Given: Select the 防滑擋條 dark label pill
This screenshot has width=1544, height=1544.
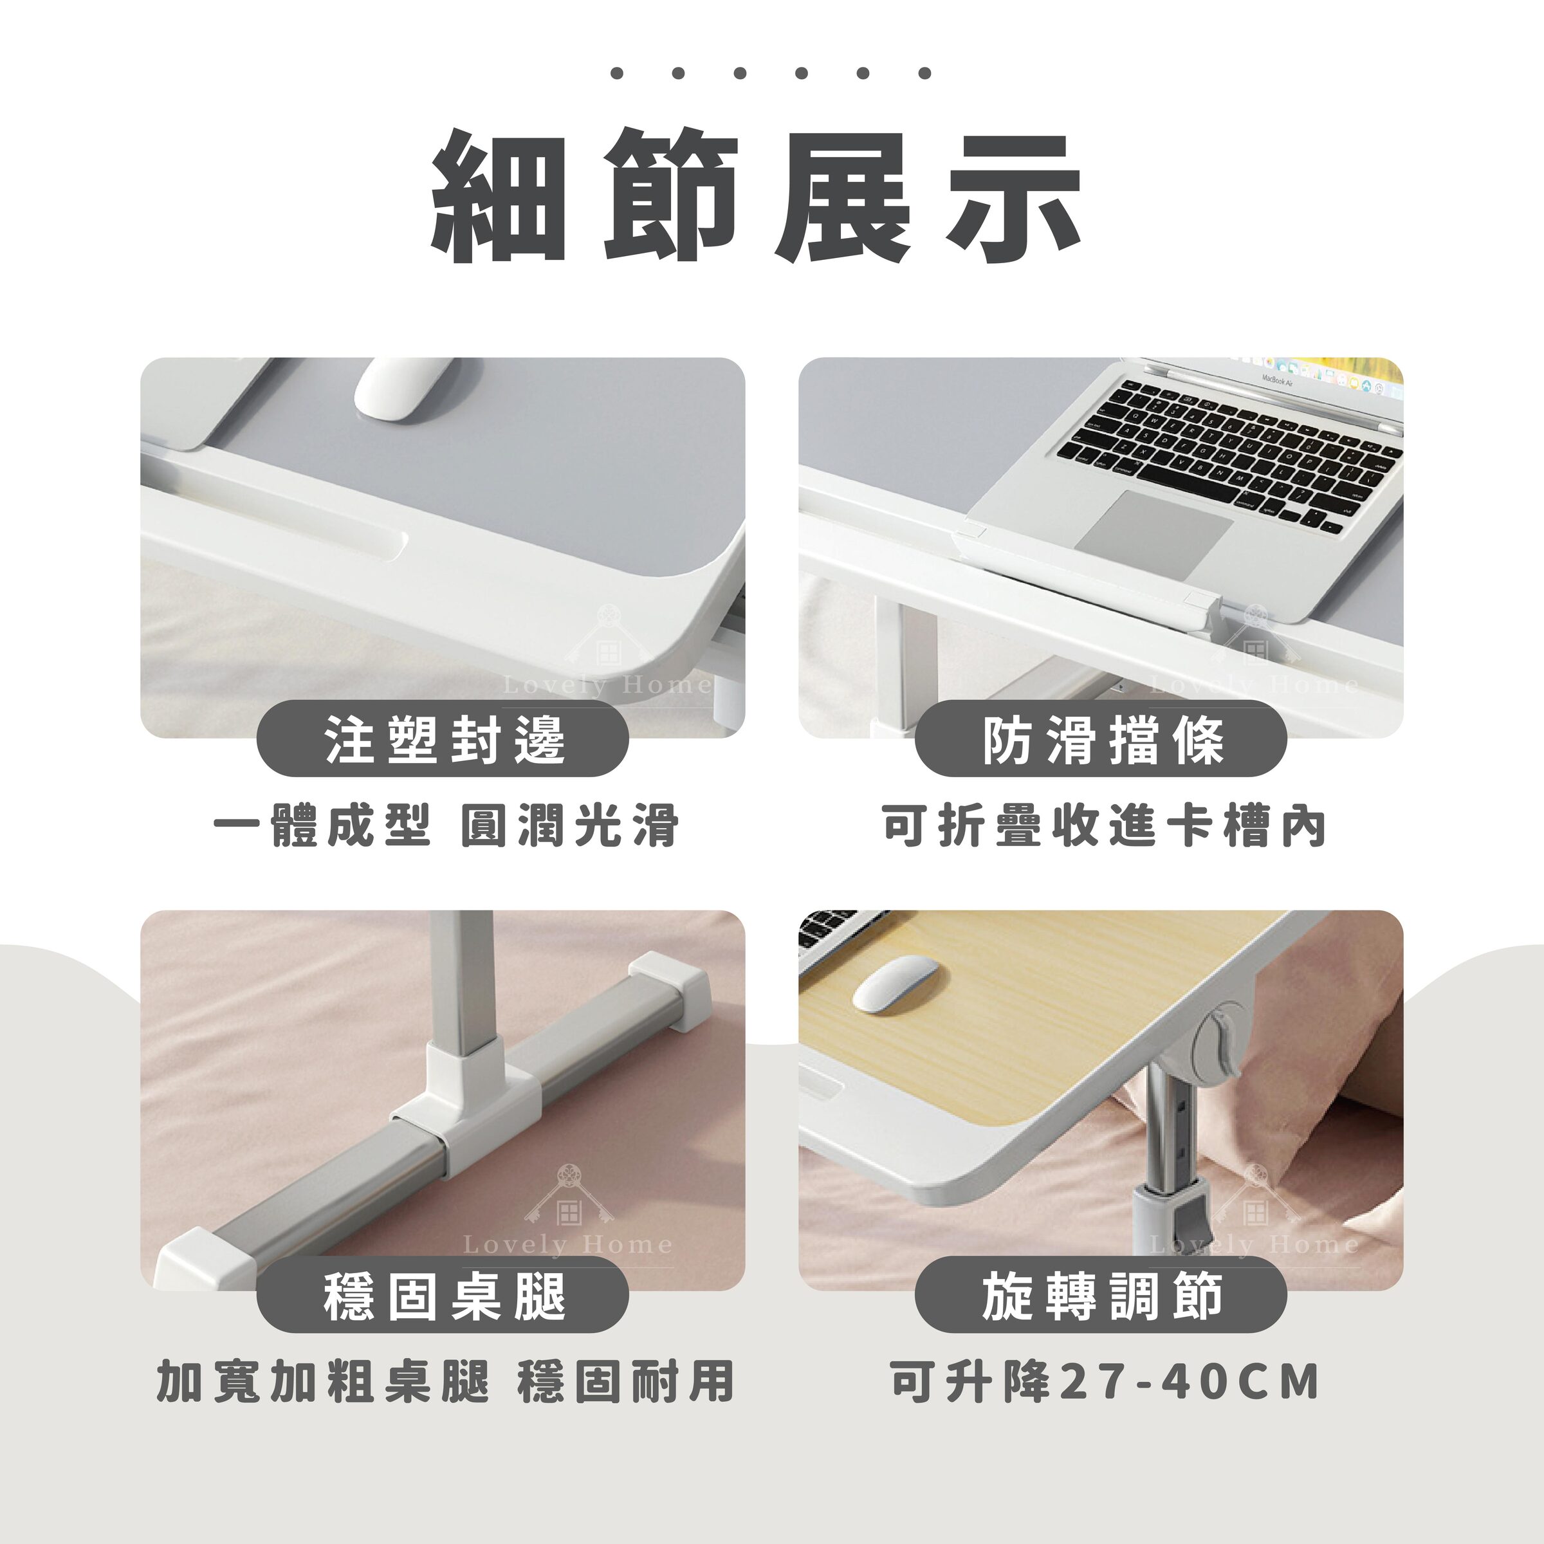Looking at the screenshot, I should (1101, 739).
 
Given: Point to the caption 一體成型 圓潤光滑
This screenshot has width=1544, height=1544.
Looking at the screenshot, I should (446, 825).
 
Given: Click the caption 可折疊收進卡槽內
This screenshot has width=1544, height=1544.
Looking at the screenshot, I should (1103, 825).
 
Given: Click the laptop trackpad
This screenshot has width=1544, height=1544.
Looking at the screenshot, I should (1159, 526).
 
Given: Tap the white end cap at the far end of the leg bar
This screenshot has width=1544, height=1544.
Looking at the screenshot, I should (670, 989).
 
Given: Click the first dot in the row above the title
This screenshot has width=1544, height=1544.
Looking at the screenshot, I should (616, 73).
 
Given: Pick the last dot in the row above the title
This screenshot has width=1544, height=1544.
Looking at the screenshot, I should (924, 73).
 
